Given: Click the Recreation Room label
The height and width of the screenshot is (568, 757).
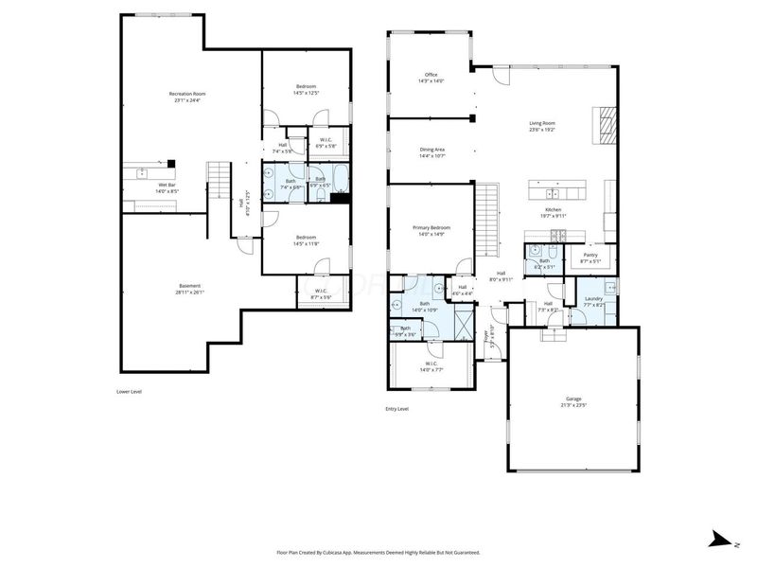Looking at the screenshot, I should point(187,94).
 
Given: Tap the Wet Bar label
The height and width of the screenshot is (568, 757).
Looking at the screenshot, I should point(167,186).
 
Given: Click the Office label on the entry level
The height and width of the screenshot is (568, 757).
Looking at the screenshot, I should point(431,75).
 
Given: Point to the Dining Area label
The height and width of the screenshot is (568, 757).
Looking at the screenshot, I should point(432,150).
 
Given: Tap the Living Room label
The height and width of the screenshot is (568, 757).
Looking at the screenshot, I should point(542,123).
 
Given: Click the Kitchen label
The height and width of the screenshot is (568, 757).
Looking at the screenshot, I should point(554,210).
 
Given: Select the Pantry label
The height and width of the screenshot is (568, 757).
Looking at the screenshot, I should point(590,256).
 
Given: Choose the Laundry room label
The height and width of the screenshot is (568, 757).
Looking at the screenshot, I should point(593,300).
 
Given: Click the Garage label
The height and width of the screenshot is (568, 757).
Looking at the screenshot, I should point(574,399).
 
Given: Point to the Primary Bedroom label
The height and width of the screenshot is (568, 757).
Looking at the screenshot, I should point(431,228).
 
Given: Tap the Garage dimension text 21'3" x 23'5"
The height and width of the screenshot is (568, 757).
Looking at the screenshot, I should point(574,405).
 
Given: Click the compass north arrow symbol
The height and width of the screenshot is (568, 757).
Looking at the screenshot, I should point(719,541).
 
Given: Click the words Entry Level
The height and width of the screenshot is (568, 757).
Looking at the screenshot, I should point(396,409).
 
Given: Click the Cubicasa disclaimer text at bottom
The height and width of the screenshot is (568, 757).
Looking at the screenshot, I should point(378,552).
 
